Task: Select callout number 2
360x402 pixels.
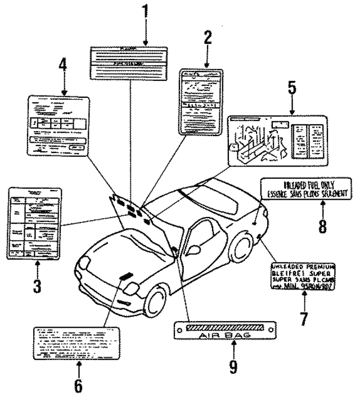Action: pyautogui.click(x=207, y=38)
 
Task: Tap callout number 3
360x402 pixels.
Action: pyautogui.click(x=37, y=286)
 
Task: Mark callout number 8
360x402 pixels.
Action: pyautogui.click(x=306, y=225)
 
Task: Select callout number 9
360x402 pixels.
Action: pyautogui.click(x=232, y=367)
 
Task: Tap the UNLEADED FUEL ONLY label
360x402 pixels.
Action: pyautogui.click(x=306, y=188)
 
